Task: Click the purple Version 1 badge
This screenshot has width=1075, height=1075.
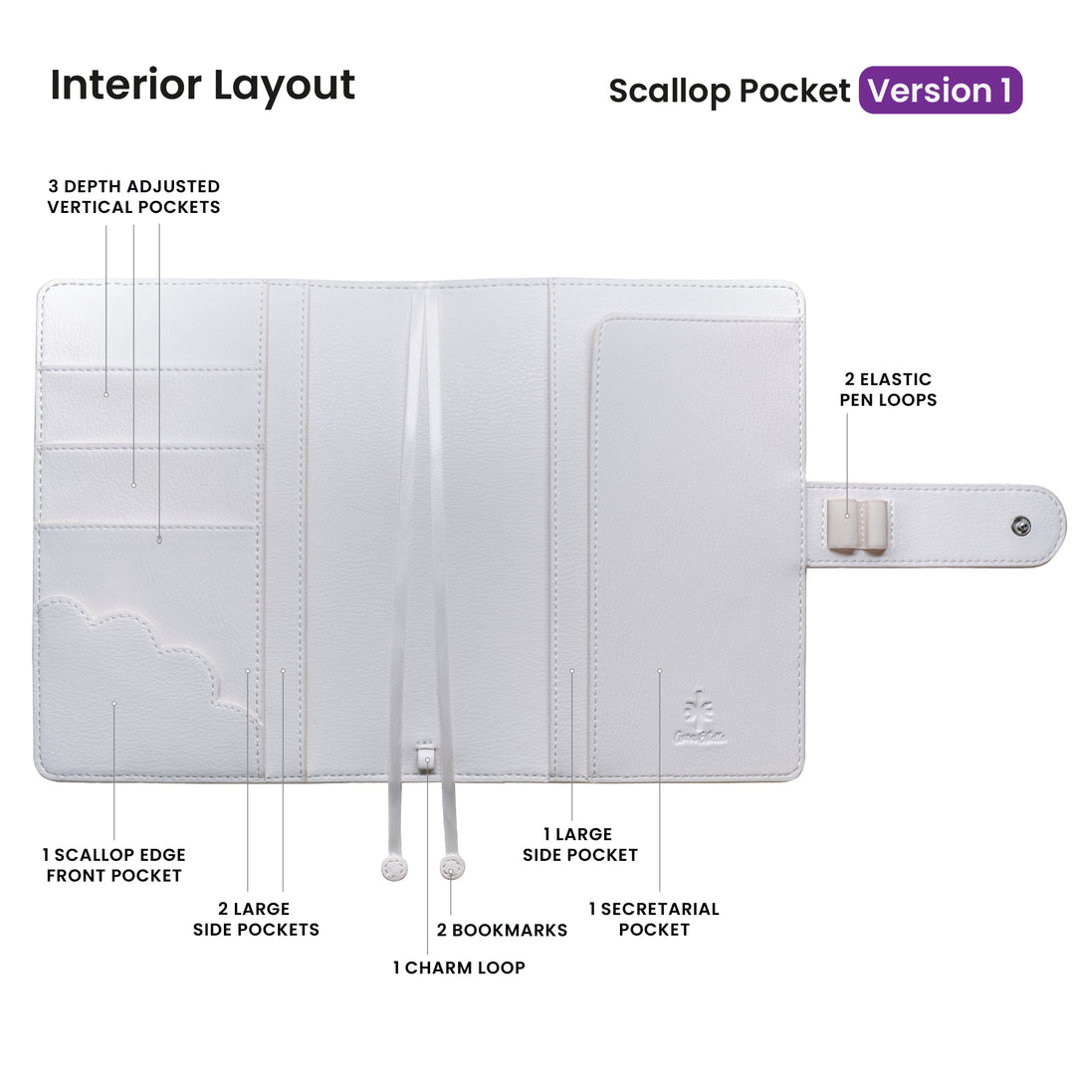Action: [940, 91]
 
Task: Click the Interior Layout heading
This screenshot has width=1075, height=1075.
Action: [202, 85]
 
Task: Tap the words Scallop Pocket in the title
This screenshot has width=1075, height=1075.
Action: [729, 91]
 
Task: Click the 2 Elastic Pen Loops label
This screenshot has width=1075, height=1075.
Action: [887, 389]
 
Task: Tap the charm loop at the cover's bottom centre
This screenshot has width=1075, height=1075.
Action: [427, 758]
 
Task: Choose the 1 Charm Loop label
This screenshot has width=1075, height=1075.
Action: [458, 967]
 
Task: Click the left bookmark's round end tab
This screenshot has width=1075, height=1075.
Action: [395, 869]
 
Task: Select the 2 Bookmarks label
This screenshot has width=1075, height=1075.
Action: [502, 930]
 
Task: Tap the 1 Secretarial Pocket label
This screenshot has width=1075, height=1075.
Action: [653, 919]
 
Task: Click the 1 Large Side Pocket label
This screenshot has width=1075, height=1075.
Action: [579, 844]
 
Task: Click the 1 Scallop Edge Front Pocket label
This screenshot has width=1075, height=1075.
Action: [113, 865]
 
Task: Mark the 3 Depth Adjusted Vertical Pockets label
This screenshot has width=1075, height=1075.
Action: [133, 196]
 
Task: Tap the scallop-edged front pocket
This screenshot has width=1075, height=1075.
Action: [139, 687]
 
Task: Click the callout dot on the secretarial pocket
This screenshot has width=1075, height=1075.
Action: [659, 672]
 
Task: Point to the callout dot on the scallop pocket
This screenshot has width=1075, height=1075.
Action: [114, 704]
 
